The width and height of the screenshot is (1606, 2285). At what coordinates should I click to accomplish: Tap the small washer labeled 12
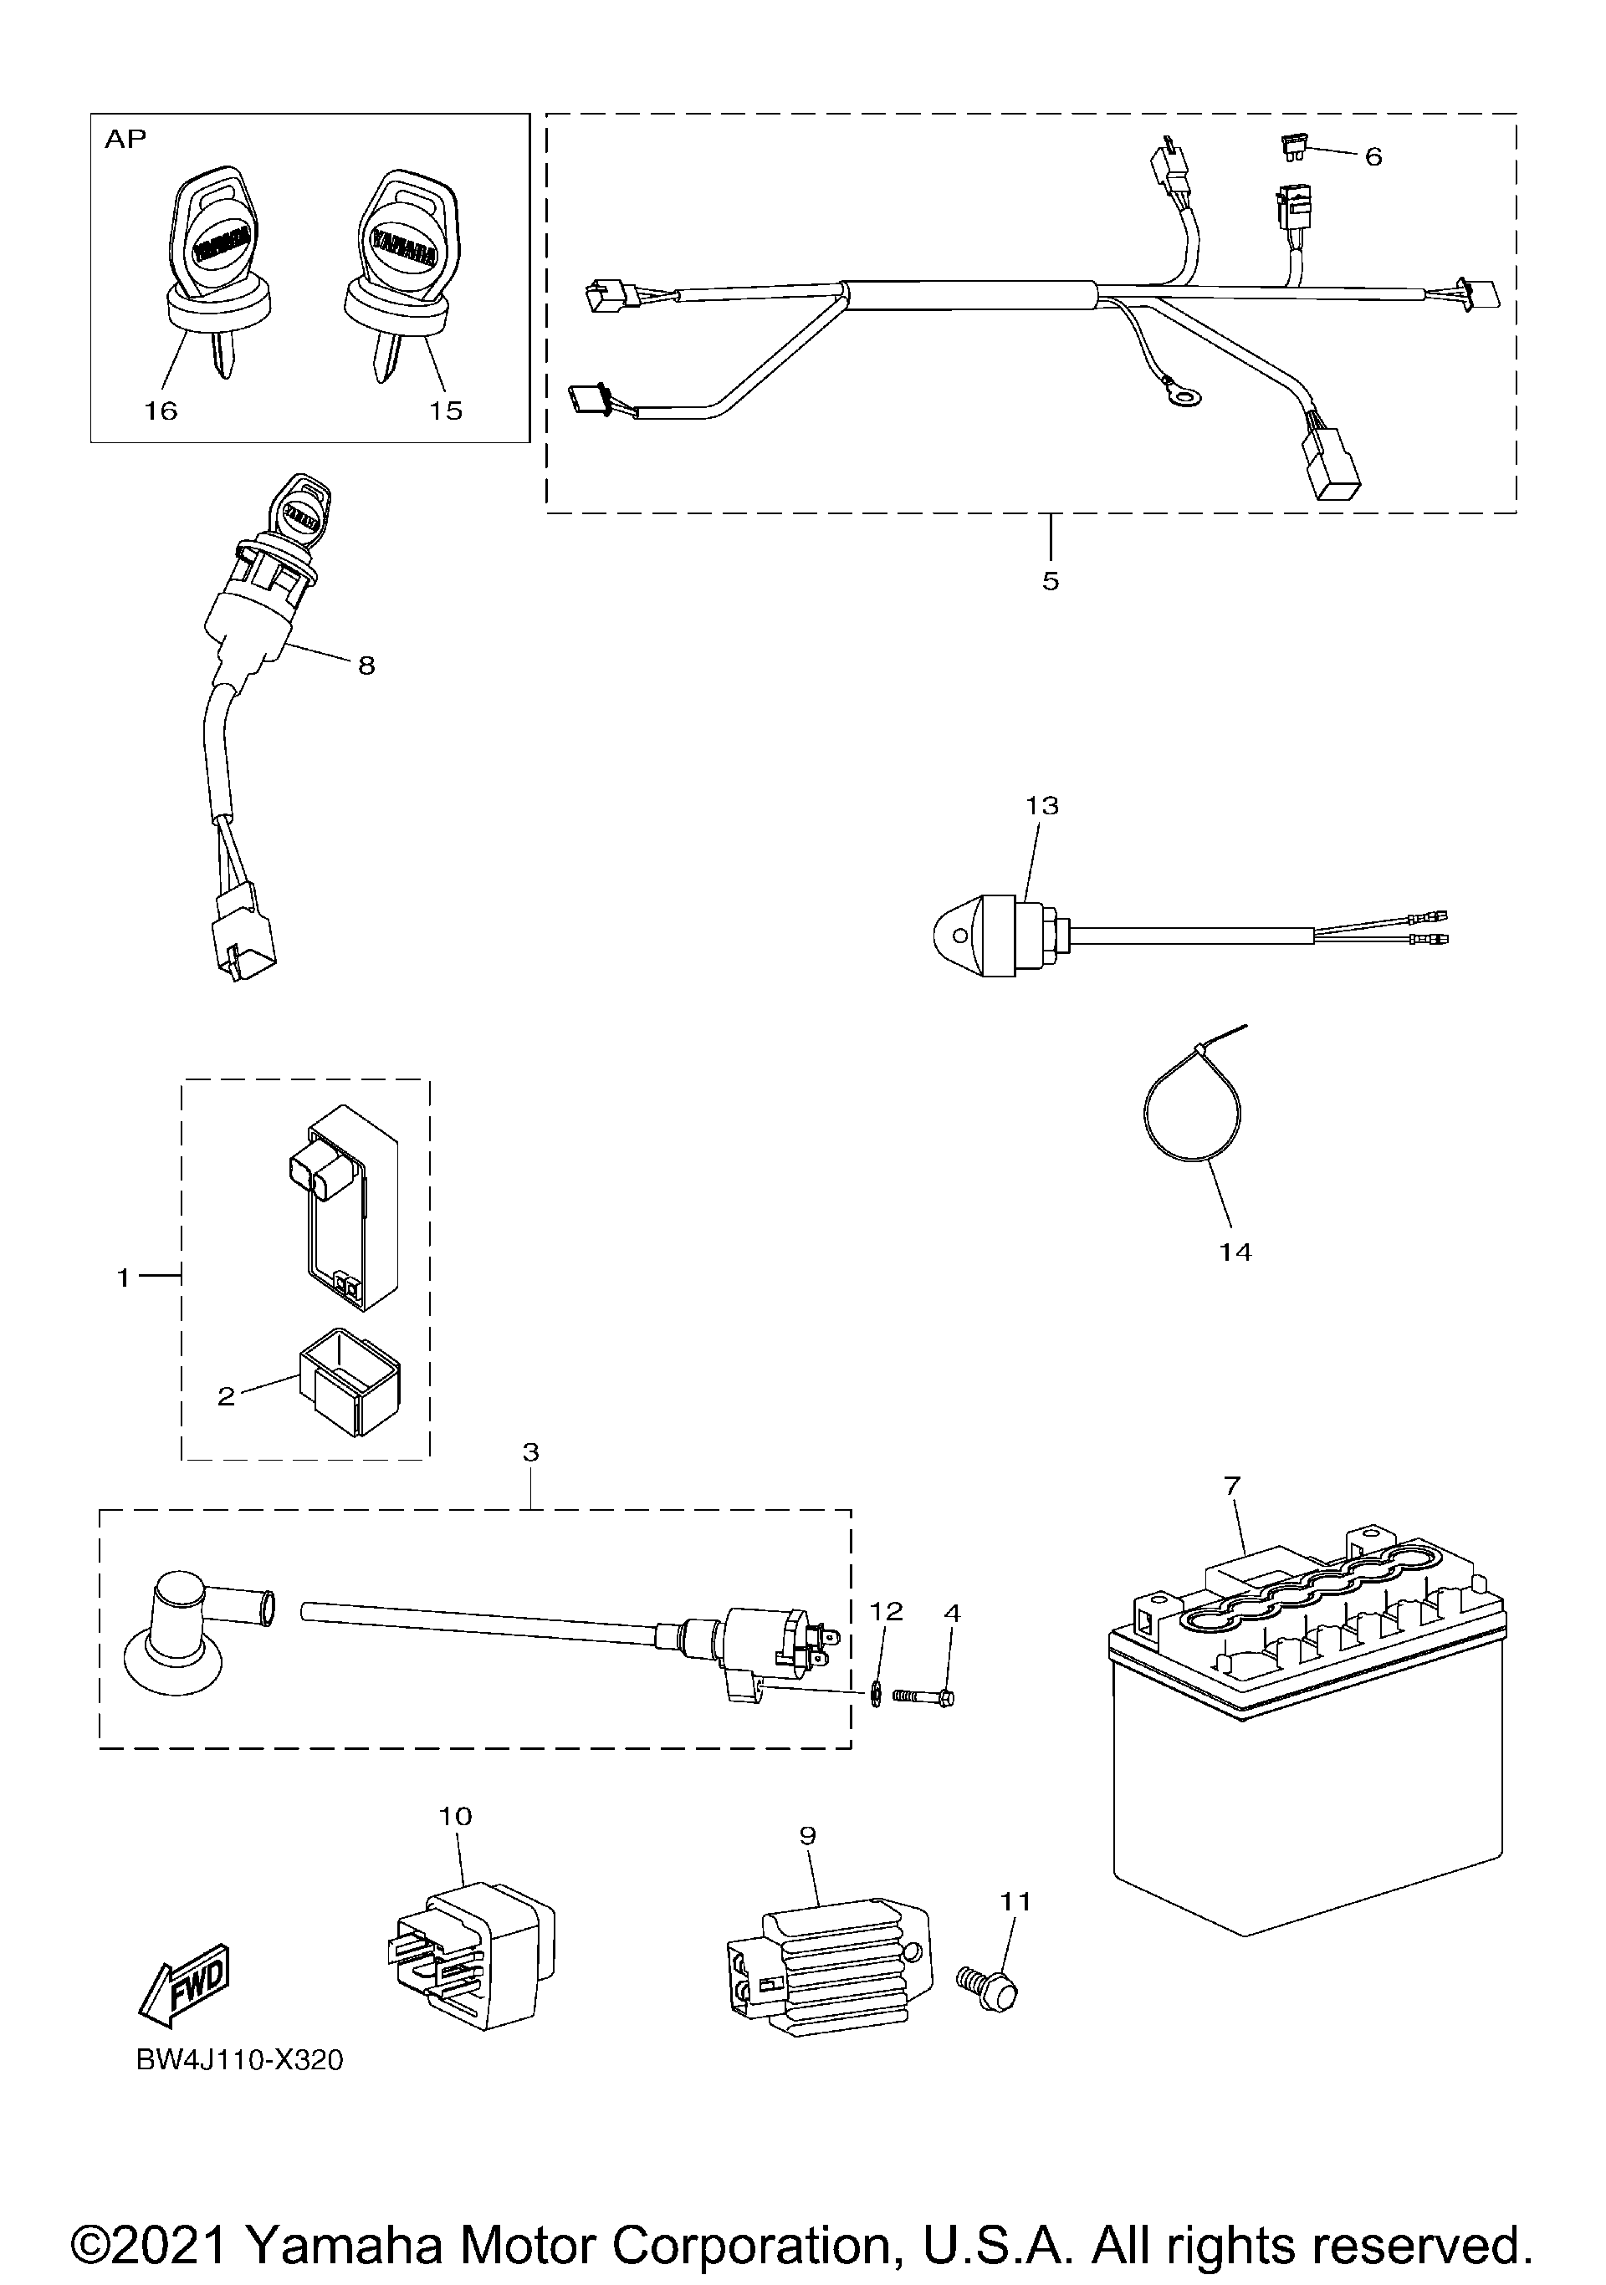click(876, 1693)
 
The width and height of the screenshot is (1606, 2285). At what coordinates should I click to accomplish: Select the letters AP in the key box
click(125, 140)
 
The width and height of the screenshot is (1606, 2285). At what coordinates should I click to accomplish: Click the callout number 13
click(1041, 805)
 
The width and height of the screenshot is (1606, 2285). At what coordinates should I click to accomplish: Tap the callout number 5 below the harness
click(1051, 581)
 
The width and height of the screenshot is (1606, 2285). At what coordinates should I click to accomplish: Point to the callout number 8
click(366, 666)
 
